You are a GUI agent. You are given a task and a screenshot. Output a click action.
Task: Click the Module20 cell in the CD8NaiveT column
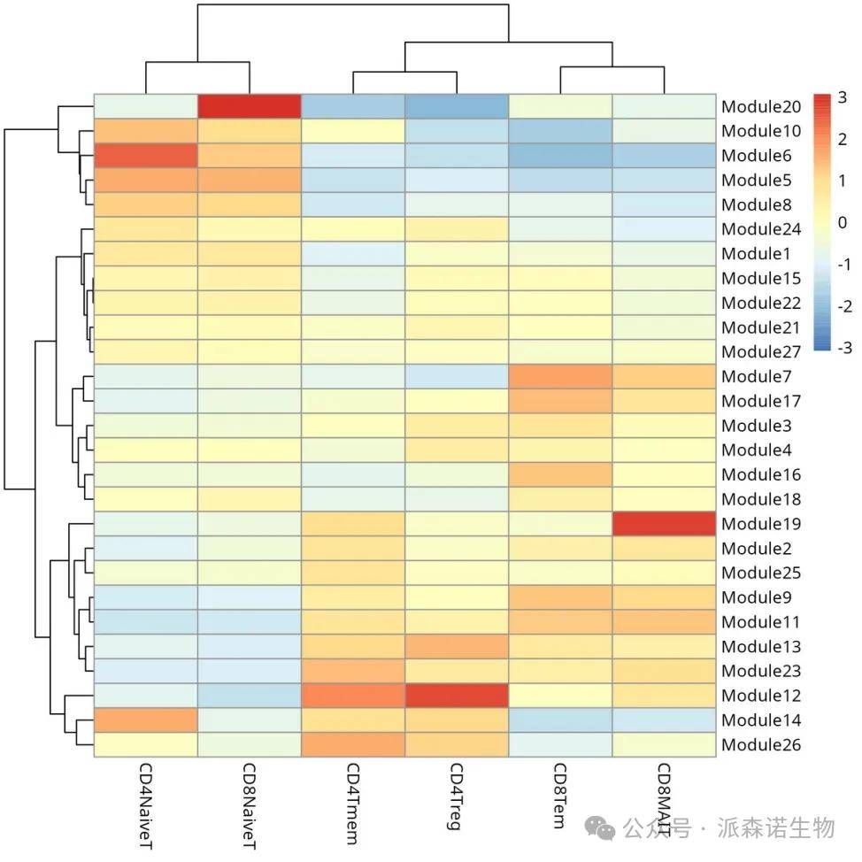249,106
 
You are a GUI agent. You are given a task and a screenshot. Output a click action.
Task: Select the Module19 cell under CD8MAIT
663,524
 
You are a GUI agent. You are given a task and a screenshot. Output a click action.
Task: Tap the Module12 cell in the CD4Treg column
456,696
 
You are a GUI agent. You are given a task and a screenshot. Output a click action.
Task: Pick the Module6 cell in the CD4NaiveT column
145,156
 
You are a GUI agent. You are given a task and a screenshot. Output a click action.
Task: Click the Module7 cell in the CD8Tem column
559,376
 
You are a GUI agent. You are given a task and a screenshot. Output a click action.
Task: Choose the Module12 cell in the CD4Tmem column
352,696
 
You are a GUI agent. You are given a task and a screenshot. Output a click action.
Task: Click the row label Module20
761,107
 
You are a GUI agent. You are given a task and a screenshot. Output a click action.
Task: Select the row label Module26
761,745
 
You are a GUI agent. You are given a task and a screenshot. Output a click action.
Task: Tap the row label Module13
761,647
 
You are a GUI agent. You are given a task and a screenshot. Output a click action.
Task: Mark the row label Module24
761,229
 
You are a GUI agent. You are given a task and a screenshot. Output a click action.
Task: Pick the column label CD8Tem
558,796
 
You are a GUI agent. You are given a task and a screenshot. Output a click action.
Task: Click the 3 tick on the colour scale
844,97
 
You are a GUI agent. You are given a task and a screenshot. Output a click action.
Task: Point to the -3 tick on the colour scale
843,347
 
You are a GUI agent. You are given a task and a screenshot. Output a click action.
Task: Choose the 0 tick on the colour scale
844,222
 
